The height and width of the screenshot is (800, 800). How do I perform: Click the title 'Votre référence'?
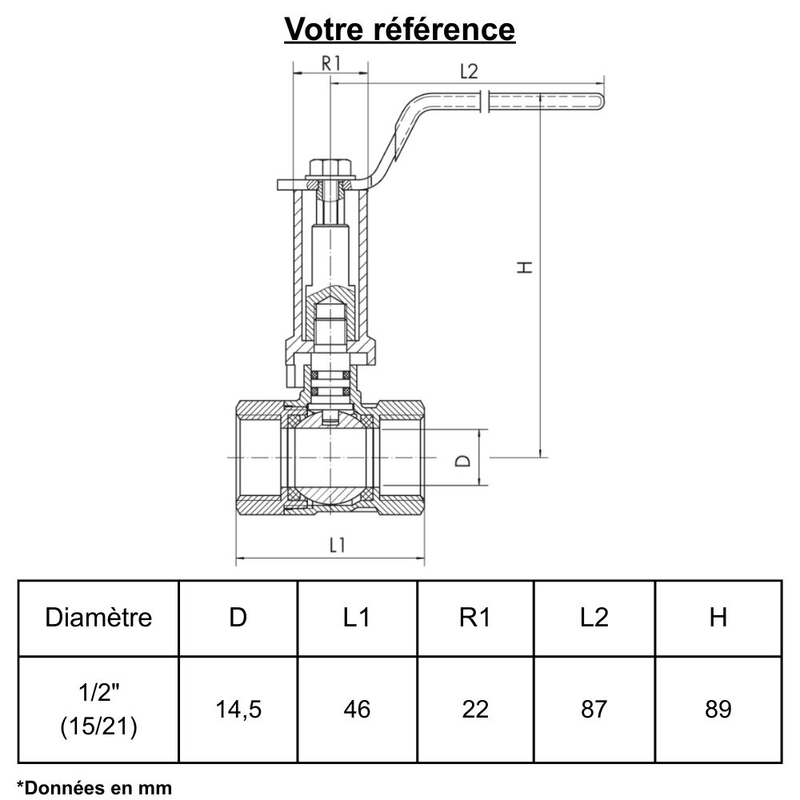400,29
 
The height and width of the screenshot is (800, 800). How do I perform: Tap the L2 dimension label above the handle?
469,70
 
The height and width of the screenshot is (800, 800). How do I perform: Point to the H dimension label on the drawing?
525,267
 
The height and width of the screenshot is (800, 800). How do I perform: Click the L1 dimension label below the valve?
337,545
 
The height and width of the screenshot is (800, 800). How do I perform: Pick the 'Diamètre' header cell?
98,618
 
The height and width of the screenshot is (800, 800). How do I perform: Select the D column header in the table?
238,618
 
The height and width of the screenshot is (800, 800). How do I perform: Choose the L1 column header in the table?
357,618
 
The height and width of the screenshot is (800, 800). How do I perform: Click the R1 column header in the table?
475,618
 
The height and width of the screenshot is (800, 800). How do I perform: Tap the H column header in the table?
718,618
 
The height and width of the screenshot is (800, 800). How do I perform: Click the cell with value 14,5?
238,709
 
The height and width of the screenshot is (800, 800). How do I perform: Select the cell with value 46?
357,709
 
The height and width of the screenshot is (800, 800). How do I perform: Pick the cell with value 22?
475,709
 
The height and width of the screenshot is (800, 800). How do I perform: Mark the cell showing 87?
594,709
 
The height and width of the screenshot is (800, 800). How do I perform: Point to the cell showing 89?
718,709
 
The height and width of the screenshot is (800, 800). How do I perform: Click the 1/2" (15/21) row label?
98,709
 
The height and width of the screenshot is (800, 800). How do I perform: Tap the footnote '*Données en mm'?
94,787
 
